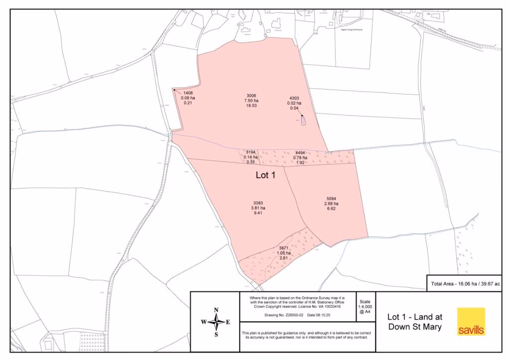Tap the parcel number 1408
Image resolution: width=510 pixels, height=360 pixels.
pos(188,93)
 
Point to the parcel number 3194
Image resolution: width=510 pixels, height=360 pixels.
pos(251,152)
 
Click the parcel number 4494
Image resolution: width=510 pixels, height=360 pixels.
pos(300,153)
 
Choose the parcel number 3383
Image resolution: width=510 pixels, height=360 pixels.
pos(258,203)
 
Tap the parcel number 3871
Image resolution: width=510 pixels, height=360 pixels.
pos(284,248)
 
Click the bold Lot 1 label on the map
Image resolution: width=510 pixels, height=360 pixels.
pos(265,175)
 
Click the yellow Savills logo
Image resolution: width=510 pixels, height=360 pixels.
pos(471,322)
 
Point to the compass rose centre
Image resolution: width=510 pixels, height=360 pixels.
pos(216,322)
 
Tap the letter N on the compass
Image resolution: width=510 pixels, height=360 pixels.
pos(216,310)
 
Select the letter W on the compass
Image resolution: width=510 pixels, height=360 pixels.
pos(204,322)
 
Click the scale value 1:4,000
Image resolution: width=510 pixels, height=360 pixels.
pos(365,307)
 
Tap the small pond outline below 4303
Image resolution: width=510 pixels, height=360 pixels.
pos(303,121)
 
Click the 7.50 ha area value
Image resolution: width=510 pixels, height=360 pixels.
pos(251,101)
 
